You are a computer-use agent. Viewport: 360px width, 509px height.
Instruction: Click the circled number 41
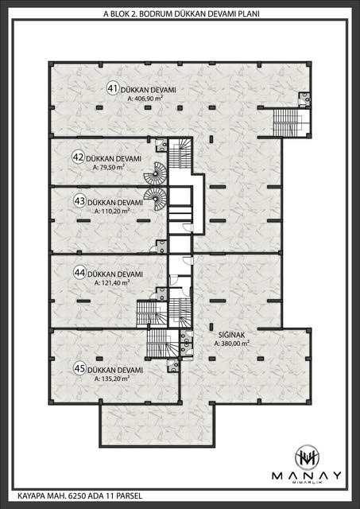pos(113,88)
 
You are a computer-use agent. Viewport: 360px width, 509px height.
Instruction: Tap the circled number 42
pos(78,157)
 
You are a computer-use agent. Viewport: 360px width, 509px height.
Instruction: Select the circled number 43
pos(79,201)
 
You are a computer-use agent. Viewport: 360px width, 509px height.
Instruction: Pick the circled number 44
pos(79,272)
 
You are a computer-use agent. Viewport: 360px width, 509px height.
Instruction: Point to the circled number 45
pos(79,368)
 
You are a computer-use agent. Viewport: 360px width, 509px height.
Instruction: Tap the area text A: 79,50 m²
pos(109,168)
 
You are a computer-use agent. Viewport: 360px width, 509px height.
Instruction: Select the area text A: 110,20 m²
pos(112,211)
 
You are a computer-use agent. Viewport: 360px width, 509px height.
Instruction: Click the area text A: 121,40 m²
pos(112,283)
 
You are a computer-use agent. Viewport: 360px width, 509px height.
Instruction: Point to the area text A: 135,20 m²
pos(112,379)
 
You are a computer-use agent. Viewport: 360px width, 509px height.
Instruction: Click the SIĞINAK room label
pos(231,335)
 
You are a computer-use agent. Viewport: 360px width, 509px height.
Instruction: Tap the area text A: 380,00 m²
pos(231,344)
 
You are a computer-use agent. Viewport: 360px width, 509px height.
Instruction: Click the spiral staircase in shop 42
pos(155,173)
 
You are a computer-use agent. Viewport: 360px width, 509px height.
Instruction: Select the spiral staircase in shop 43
pos(155,199)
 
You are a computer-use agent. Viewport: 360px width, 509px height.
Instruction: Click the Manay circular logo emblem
pos(307,458)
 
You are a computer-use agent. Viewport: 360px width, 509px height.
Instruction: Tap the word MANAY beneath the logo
pos(307,476)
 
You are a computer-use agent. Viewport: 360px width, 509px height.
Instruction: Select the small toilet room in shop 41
pos(304,99)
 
